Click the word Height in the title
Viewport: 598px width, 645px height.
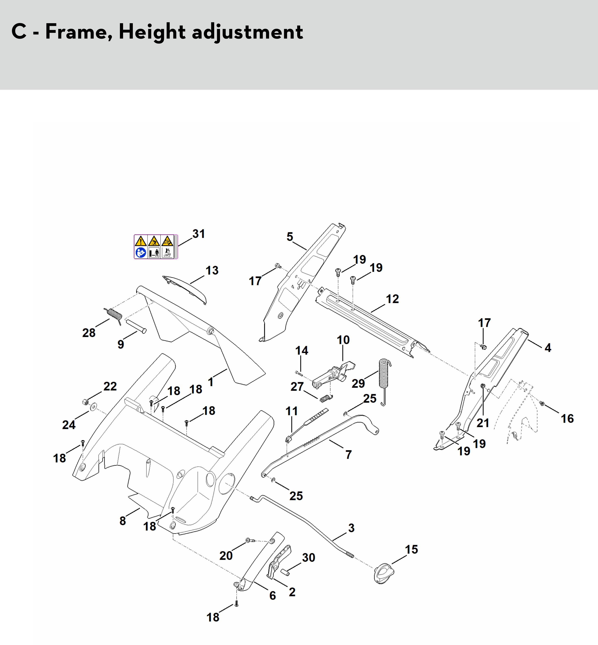point(152,32)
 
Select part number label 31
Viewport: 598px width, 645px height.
point(198,234)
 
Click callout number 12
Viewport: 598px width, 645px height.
point(392,299)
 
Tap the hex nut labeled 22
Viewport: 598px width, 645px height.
point(85,402)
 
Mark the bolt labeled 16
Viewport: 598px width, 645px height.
point(542,403)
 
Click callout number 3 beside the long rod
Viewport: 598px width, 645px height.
point(351,528)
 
